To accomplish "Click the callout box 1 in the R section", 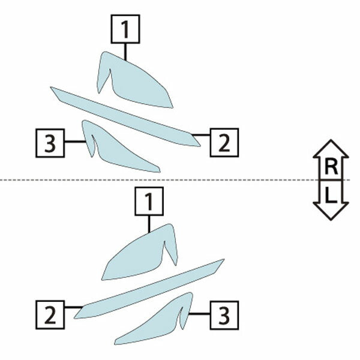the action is coord(125,29).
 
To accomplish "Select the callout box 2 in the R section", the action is coord(224,143).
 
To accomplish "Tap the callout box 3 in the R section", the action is coord(50,143).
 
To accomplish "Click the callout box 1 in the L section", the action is coord(149,202).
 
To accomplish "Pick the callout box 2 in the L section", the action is coord(50,315).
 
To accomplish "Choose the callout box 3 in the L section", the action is coord(224,315).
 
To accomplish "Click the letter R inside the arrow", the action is coord(331,167).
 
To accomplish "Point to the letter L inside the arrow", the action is coord(331,195).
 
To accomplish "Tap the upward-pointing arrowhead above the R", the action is coord(331,149).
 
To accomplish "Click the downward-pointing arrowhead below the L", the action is coord(331,211).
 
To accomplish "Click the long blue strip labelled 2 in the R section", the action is coord(125,116).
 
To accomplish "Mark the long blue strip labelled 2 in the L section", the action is coord(149,289).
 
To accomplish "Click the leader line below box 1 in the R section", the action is coord(125,52).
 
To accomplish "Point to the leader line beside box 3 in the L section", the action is coord(199,314).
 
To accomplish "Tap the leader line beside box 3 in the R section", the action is coord(76,142).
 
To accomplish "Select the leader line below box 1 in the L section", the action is coord(149,224).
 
